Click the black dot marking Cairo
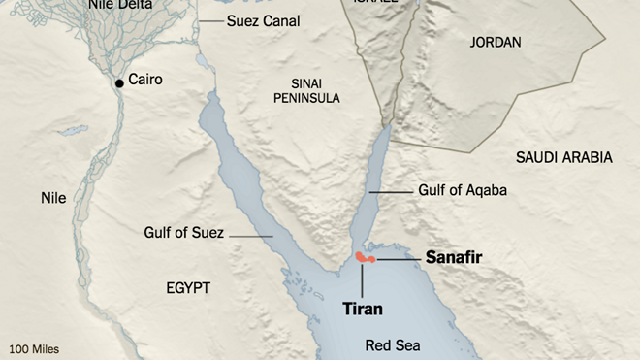[119, 83]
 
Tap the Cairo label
[144, 80]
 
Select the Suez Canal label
[263, 21]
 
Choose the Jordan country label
[496, 43]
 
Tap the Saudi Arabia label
[563, 157]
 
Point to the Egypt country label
[187, 287]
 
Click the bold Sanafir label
[454, 257]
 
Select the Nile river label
[53, 198]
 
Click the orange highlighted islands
[364, 258]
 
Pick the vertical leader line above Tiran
[363, 279]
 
